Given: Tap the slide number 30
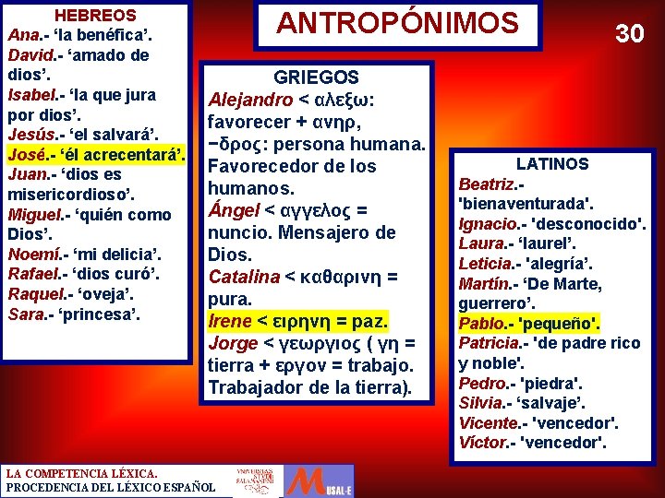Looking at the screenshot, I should [629, 34].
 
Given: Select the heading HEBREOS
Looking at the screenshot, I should [95, 16].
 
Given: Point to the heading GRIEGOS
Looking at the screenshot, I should [317, 77].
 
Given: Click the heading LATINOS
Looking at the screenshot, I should [551, 163].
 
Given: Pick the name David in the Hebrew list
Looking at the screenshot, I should [28, 55].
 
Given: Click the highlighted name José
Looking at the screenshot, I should [26, 153].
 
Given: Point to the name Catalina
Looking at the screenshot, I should [245, 277].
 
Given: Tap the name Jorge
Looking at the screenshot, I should [233, 343].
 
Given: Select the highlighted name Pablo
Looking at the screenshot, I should [481, 323].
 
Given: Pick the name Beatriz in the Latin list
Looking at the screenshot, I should [486, 184].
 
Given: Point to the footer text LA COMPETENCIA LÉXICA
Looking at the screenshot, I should [75, 473].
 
